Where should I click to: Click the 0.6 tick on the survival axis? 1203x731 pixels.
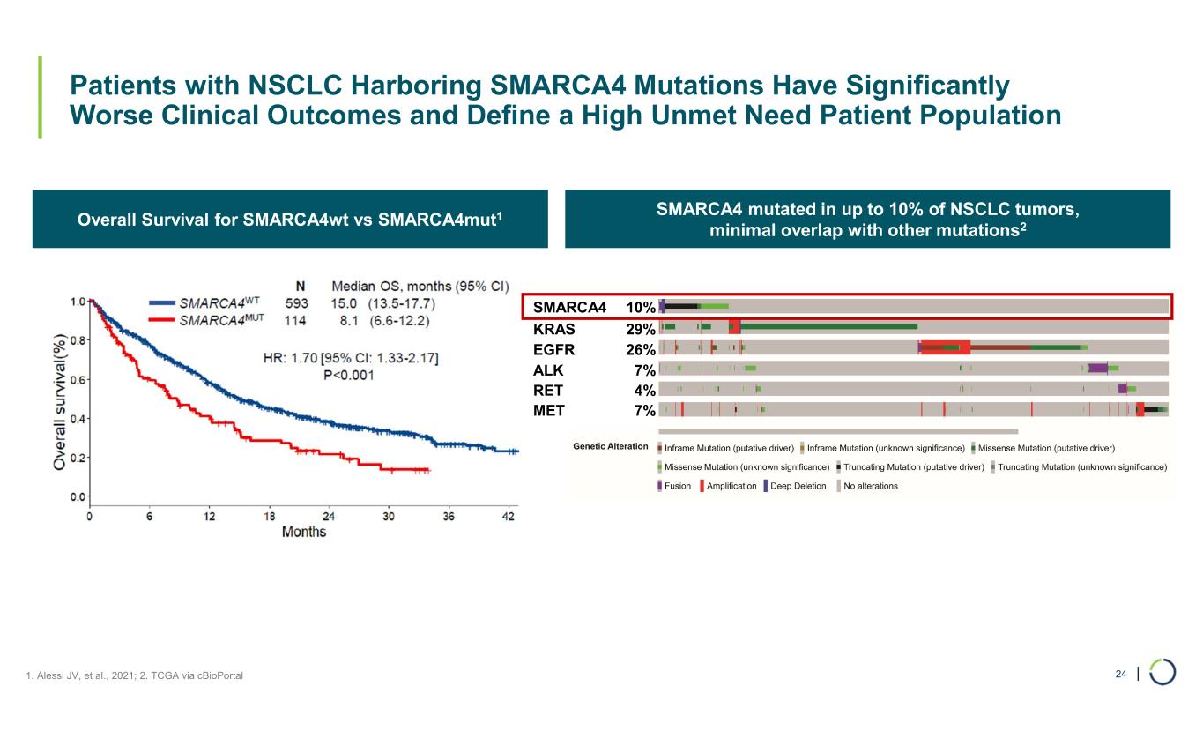[x=78, y=380]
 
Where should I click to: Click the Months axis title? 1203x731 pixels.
[x=304, y=532]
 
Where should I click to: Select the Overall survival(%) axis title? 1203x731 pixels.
[x=60, y=400]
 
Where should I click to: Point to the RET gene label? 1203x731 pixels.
[x=548, y=390]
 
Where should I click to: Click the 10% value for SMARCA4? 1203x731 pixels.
[x=640, y=308]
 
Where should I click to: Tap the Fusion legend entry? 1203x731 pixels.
[x=677, y=486]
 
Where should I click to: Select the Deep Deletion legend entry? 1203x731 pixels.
[x=798, y=486]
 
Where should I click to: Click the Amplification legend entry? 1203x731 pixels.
[x=731, y=486]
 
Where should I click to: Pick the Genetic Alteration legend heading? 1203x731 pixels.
[x=611, y=447]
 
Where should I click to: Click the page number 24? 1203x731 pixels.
[x=1121, y=674]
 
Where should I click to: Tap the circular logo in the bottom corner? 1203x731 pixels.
[x=1162, y=672]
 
